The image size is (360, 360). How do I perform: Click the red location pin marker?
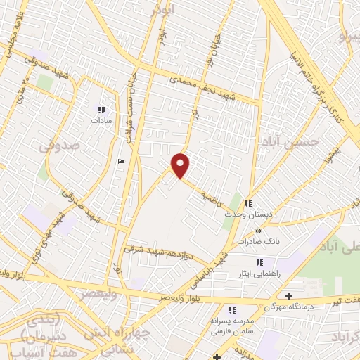181,165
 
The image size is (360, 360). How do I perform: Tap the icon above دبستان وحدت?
247,203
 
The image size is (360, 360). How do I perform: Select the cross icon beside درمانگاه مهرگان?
288,296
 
